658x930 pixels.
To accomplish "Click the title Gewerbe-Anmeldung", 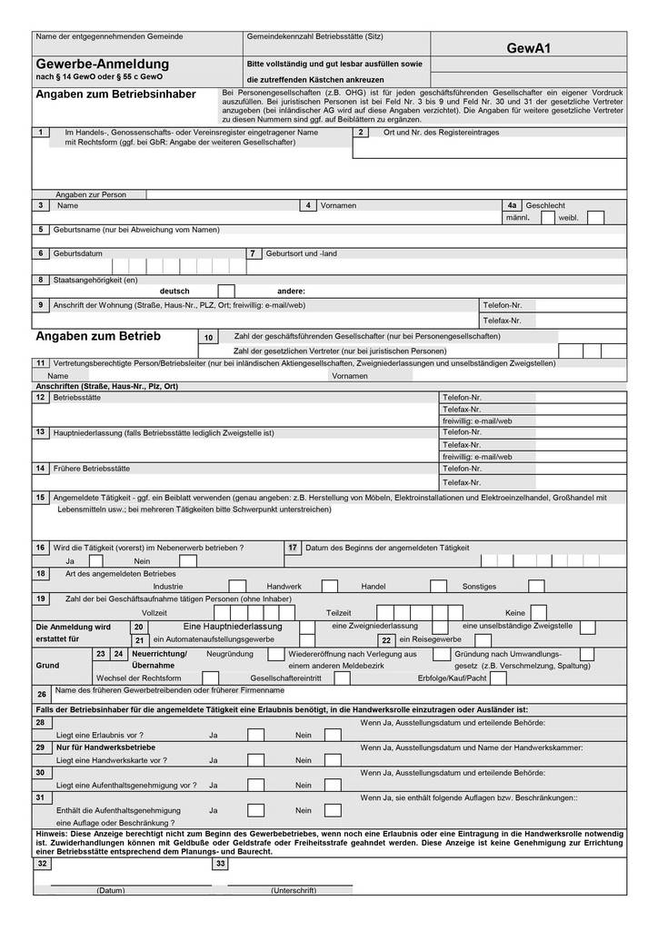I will coord(102,64).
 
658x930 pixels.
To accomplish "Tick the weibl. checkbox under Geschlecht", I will coord(595,218).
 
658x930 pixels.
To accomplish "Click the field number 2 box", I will coord(362,133).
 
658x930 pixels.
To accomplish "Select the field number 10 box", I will coord(209,337).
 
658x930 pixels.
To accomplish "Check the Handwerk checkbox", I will coord(330,587).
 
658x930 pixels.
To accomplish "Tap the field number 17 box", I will coord(293,548).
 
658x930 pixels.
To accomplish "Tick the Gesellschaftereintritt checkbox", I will coord(342,678).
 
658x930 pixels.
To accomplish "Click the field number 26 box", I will coord(42,694).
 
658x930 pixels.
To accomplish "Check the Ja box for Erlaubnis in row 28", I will coord(255,735).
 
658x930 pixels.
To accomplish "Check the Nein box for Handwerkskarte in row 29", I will coord(333,759).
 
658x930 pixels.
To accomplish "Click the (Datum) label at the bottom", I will coord(110,890).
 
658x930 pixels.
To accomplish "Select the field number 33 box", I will coord(221,864).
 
